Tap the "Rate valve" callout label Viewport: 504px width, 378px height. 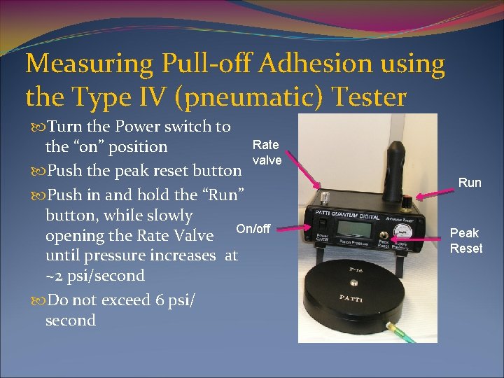pyautogui.click(x=267, y=152)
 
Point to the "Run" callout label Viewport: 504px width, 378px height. pyautogui.click(x=470, y=183)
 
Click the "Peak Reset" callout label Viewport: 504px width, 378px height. pyautogui.click(x=465, y=240)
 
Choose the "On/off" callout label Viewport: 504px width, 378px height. pyautogui.click(x=253, y=228)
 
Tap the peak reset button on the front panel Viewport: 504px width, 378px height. pyautogui.click(x=384, y=233)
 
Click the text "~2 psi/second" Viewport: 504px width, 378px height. pyautogui.click(x=95, y=276)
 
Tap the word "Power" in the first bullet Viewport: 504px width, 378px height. pyautogui.click(x=138, y=127)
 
